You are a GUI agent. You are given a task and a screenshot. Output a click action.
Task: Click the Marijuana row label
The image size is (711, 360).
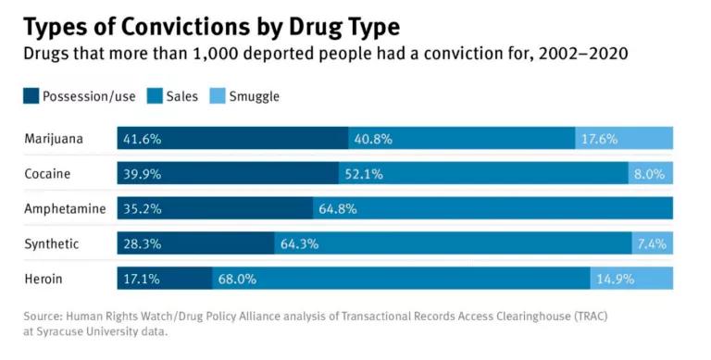(x=54, y=139)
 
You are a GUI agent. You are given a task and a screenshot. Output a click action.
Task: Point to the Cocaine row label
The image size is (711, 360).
(x=47, y=174)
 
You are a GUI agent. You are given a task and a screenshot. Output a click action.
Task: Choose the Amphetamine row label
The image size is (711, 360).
(x=64, y=209)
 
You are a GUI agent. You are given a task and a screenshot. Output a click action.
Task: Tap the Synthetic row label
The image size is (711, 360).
(x=52, y=243)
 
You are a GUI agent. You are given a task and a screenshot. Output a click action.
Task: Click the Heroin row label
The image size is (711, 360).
(x=44, y=279)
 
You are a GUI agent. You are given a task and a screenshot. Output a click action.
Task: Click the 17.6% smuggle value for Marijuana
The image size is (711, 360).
(x=599, y=139)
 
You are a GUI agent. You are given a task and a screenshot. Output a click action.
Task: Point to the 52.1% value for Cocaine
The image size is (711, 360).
(x=364, y=174)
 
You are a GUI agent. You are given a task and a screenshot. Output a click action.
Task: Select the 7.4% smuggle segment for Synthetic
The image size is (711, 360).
(x=655, y=243)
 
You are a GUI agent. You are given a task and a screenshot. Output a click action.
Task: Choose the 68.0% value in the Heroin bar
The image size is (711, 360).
(x=237, y=279)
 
